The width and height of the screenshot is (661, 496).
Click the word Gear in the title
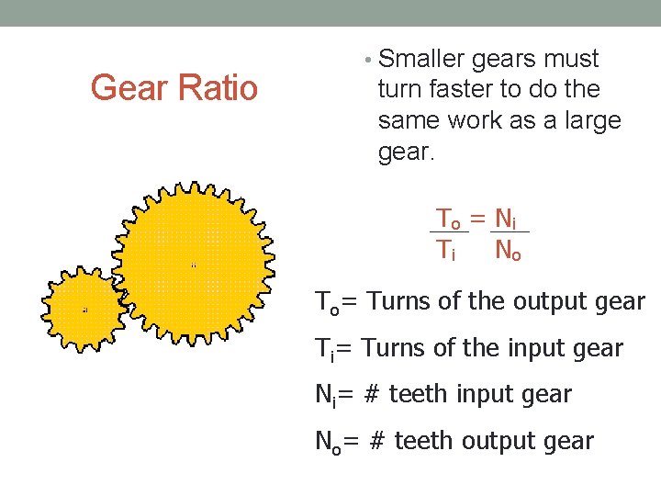coord(124,89)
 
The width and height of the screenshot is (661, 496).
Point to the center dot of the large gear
coord(194,265)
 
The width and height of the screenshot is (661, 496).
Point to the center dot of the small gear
coord(85,310)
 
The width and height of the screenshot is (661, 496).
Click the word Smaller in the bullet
coord(421,60)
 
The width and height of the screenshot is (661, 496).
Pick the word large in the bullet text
coord(592,120)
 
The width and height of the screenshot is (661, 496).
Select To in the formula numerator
coord(448,219)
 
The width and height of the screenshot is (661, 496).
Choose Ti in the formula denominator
coord(446,249)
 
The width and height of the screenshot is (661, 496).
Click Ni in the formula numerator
coord(506,219)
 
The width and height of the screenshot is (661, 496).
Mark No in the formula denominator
coord(508,249)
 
